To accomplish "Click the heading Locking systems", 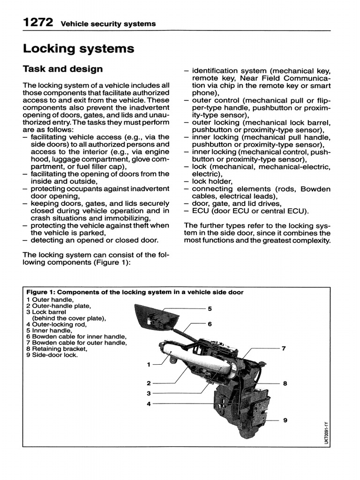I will point(78,48).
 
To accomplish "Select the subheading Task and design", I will point(63,69).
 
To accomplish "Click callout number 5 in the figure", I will point(210,308).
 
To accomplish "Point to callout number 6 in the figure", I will point(210,324).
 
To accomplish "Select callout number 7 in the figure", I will point(283,348).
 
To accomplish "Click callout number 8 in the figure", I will point(285,383).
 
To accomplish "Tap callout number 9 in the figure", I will point(285,420).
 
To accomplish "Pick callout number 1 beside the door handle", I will point(149,364).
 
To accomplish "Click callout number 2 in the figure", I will point(149,383).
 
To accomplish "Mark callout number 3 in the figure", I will point(149,393).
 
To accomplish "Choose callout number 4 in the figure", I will point(149,403).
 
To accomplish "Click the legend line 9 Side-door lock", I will point(52,355).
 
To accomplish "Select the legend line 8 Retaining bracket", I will point(57,349).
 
